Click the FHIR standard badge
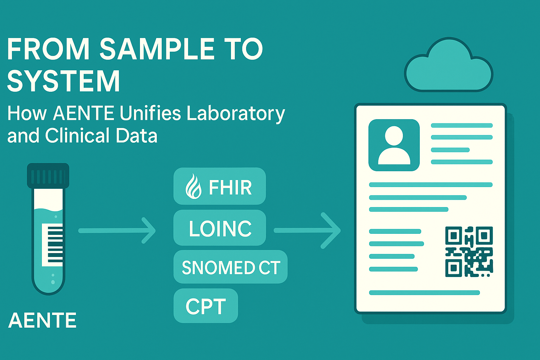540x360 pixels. pos(220,186)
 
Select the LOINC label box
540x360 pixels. pos(220,227)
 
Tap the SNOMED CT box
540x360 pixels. pos(231,267)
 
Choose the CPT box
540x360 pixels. pos(206,306)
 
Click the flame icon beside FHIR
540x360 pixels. pos(193,186)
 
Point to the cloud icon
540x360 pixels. pos(449,65)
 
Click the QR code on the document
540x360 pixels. pos(469,252)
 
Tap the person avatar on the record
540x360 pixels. pos(394,145)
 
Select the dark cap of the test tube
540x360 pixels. pos(48,176)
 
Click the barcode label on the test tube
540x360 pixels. pos(52,245)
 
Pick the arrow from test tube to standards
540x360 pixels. pos(117,231)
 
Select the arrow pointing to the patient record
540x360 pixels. pos(307,231)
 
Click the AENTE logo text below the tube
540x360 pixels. pos(43,321)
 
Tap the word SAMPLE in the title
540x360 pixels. pos(157,49)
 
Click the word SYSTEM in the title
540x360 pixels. pos(63,81)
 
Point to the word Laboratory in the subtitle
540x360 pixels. pos(236,114)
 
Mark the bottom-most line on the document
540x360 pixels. pos(424,293)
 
